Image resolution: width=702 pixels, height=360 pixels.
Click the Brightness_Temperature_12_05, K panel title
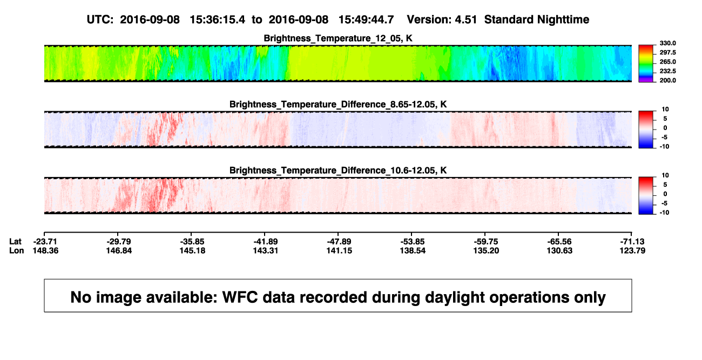pos(338,38)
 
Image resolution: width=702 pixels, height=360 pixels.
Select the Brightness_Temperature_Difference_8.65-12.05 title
pos(338,104)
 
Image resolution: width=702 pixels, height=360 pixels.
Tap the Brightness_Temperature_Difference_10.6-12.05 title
pos(338,171)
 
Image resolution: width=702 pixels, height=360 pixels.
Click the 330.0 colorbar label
pos(667,43)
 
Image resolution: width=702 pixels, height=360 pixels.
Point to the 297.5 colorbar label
pos(667,53)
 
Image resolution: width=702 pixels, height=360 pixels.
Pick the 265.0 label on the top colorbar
pos(667,62)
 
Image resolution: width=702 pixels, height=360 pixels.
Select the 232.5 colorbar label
pos(667,71)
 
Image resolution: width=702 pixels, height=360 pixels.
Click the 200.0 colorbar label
pos(667,80)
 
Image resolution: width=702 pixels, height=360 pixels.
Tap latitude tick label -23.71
pos(45,242)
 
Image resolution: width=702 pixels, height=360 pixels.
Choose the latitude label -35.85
pos(192,242)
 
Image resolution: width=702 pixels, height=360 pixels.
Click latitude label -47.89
pos(339,242)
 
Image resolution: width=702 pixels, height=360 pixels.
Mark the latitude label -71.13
pos(632,242)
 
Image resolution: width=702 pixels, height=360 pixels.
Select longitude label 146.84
pos(119,250)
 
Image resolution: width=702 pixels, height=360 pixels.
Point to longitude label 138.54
pos(413,250)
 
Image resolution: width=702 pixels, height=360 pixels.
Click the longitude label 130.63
pos(559,250)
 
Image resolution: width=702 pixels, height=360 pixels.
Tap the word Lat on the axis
pos(15,242)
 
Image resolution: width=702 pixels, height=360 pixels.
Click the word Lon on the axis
pos(17,250)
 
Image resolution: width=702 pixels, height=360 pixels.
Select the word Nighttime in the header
pos(563,20)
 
